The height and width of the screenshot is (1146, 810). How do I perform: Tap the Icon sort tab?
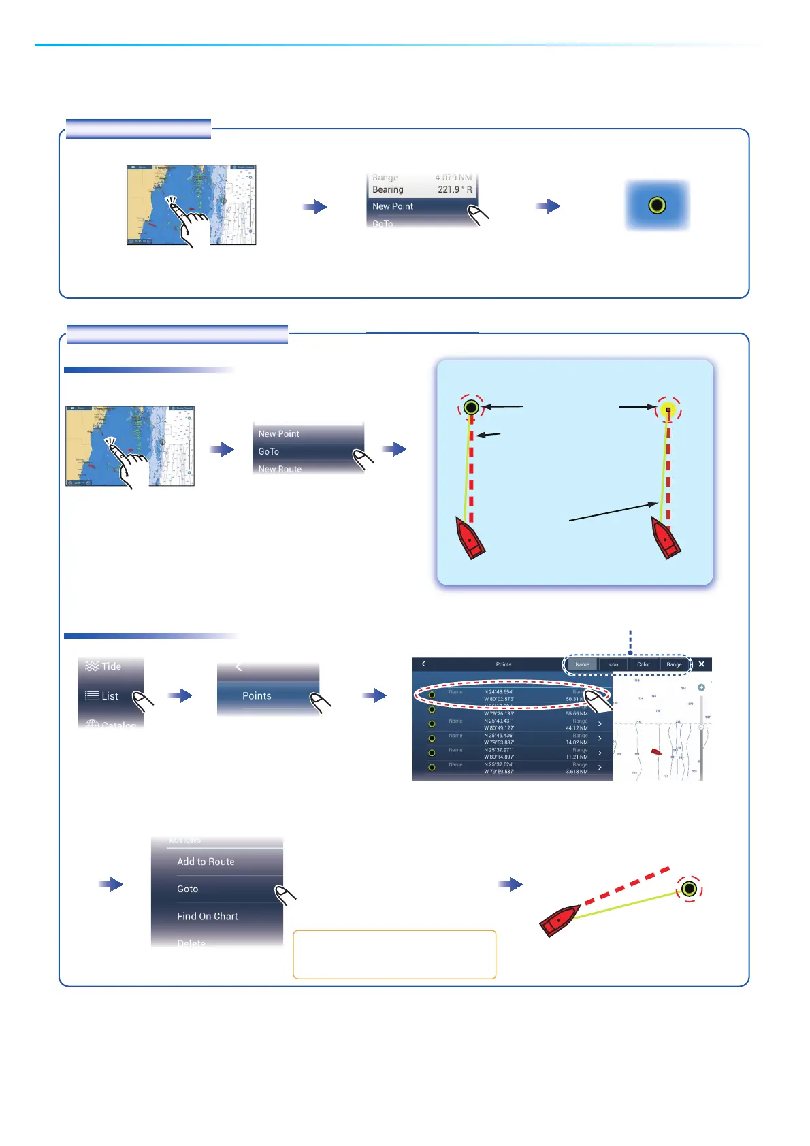point(613,664)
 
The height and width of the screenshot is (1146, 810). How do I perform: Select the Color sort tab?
point(643,664)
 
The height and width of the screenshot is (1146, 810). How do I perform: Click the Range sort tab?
point(674,664)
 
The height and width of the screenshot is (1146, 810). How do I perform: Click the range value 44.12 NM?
point(577,728)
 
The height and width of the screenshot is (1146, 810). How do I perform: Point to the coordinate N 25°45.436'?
point(499,736)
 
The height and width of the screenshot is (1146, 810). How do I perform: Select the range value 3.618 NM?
point(577,772)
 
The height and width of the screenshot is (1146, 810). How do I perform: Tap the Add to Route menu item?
point(206,862)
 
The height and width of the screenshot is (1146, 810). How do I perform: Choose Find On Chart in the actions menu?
point(207,917)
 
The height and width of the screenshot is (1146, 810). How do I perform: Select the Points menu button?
point(257,696)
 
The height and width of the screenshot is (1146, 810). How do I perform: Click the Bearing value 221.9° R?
point(455,190)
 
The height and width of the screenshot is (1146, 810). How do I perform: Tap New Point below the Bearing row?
point(393,206)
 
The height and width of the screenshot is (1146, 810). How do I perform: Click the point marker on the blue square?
point(657,205)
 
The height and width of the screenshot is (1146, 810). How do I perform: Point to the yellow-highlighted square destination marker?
point(668,410)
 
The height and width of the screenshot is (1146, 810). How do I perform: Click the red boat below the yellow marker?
point(666,538)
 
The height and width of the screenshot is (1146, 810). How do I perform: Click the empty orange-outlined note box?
point(394,954)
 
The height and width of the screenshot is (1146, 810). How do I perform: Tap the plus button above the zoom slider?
point(701,687)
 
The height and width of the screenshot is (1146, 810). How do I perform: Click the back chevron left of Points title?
point(423,664)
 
